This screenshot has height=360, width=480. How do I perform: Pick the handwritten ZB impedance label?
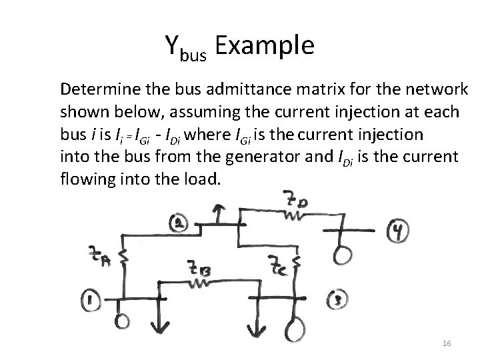(199, 271)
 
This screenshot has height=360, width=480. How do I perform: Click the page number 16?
(447, 343)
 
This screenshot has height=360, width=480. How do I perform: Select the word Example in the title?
(264, 46)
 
